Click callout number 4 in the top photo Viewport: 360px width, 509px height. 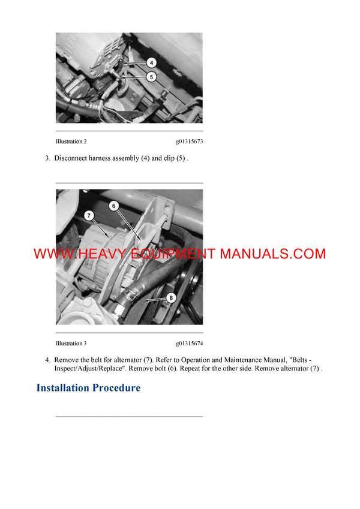(x=152, y=62)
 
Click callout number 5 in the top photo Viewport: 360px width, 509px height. (x=152, y=76)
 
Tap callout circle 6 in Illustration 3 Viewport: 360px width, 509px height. (x=113, y=206)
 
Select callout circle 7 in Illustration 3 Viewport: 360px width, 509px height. (x=89, y=215)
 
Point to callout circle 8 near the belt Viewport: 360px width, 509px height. (x=171, y=297)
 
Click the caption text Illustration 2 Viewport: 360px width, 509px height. (x=71, y=142)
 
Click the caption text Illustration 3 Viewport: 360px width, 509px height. (x=71, y=344)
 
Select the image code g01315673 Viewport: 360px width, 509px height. (x=189, y=142)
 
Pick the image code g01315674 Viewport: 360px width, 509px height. (x=189, y=344)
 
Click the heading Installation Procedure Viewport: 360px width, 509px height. (x=88, y=388)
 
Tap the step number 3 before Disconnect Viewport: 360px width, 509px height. (x=47, y=158)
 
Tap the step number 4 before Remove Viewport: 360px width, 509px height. (x=47, y=360)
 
